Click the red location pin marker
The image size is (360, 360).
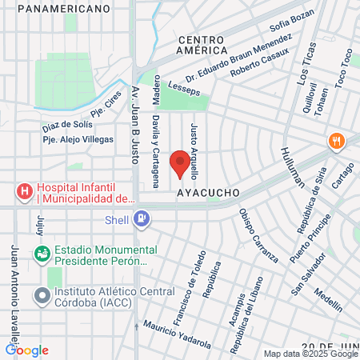point(180,164)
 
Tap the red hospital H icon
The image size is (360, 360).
point(26,193)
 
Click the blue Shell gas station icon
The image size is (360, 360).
point(142,218)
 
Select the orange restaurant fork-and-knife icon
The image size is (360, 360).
point(337,141)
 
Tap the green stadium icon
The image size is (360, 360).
point(42,253)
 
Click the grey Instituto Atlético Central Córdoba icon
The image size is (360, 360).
point(42,295)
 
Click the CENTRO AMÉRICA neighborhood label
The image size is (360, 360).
point(204,45)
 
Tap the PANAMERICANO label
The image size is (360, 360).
point(62,8)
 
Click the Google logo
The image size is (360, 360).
point(26,350)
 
